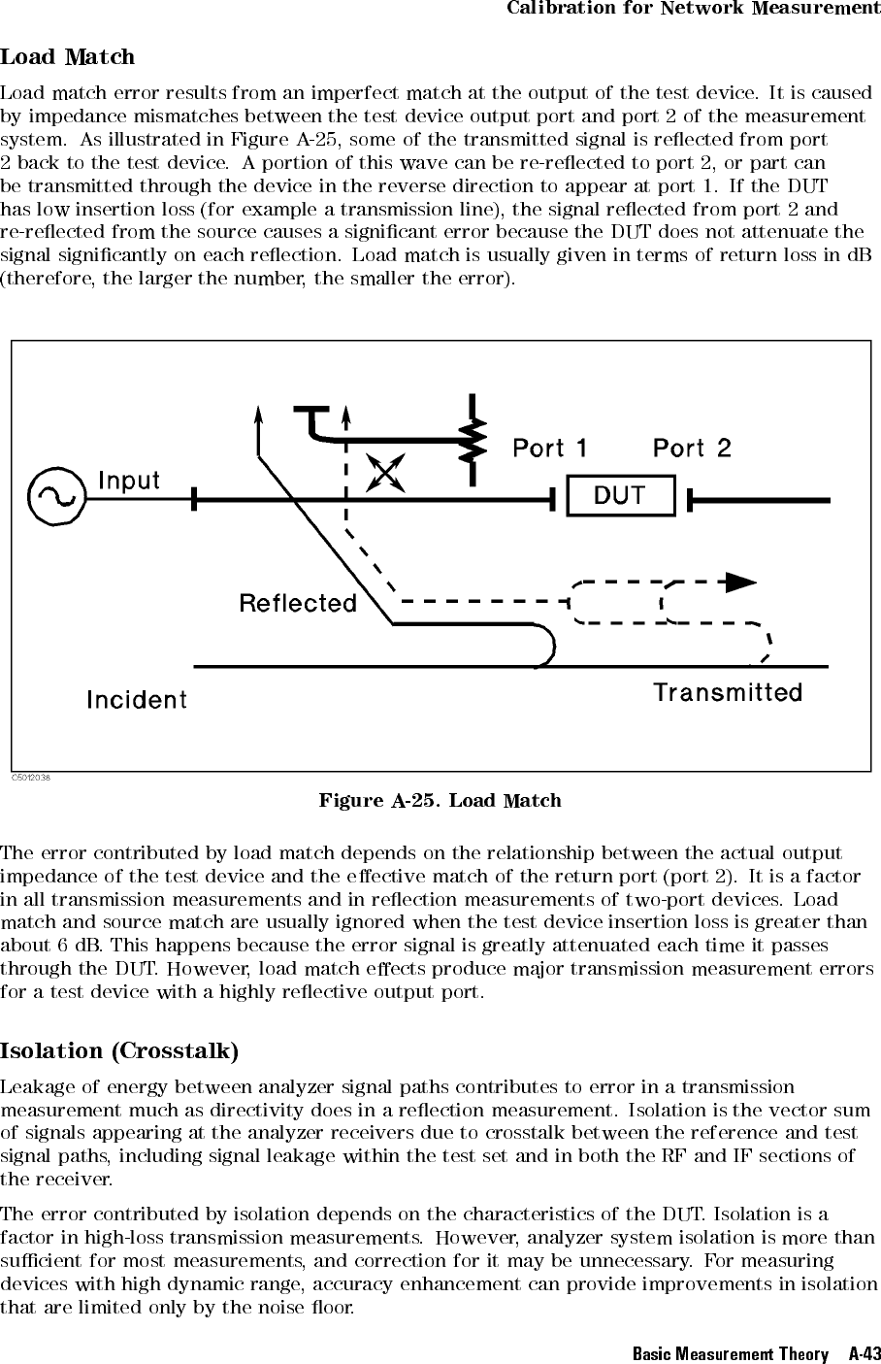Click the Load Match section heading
click(x=67, y=57)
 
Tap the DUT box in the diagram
click(x=619, y=496)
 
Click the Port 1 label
click(x=549, y=449)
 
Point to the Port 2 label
click(x=692, y=449)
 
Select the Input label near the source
click(x=129, y=481)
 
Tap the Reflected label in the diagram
click(x=298, y=603)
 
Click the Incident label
click(x=137, y=699)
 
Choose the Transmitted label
click(x=728, y=692)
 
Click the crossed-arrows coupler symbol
click(x=386, y=474)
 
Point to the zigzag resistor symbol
click(x=473, y=439)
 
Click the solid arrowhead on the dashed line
click(x=741, y=582)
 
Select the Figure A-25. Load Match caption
click(x=440, y=801)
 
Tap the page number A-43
click(x=863, y=1353)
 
